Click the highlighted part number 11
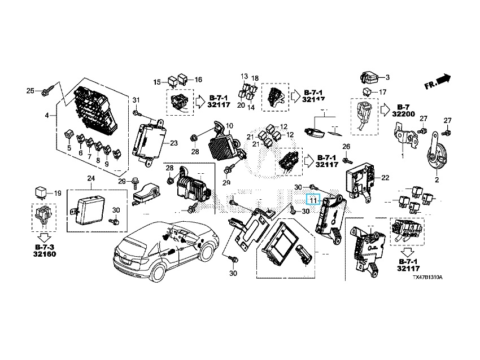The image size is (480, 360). click(x=313, y=199)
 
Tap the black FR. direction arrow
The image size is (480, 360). click(x=444, y=78)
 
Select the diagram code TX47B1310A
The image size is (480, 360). click(x=427, y=278)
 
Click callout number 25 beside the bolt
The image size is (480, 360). click(x=30, y=91)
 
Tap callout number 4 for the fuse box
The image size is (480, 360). click(x=47, y=116)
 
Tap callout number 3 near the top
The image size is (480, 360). click(x=387, y=77)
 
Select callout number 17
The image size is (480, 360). click(x=382, y=92)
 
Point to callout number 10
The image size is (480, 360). click(x=229, y=125)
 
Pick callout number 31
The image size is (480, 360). click(x=136, y=100)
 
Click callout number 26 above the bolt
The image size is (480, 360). click(x=346, y=147)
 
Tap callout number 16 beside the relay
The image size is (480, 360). click(x=198, y=80)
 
